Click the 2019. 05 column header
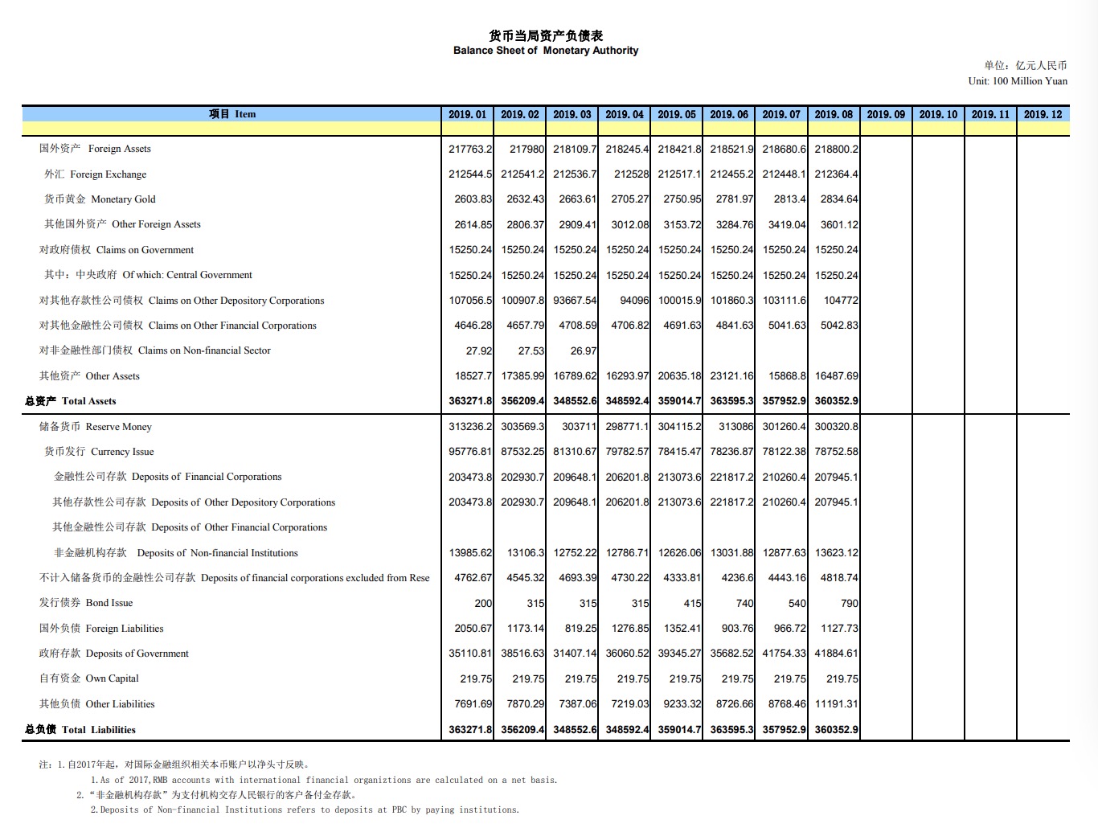point(677,114)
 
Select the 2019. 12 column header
point(1043,114)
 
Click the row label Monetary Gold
point(100,199)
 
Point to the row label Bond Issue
point(86,603)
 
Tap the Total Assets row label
point(71,401)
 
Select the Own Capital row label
point(89,678)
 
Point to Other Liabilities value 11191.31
point(836,704)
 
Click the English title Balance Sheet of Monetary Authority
point(546,50)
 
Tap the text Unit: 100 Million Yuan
point(1018,81)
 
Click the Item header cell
point(232,114)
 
